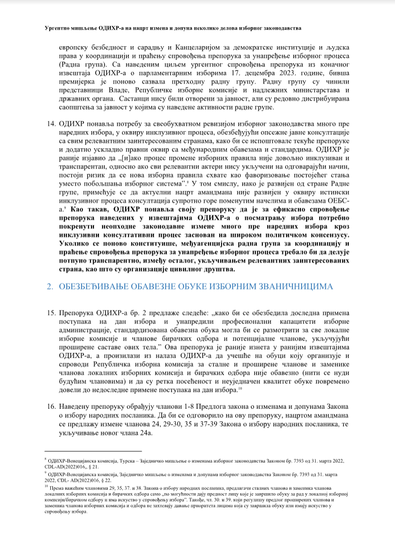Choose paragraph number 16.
(51, 405)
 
